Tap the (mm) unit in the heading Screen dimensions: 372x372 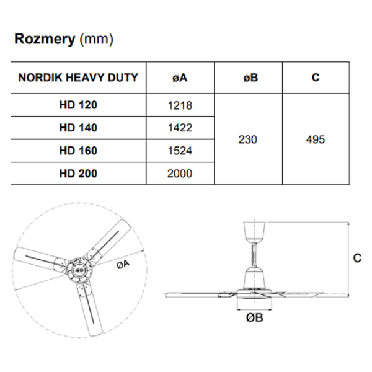[x=96, y=40]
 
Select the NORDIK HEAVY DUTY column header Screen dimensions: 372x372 [x=79, y=78]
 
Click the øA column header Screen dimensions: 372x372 [x=180, y=78]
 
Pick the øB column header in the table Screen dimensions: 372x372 [x=248, y=78]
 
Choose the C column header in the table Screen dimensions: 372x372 [x=316, y=78]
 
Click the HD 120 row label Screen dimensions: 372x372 [x=79, y=105]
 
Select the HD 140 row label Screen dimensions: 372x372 [x=79, y=128]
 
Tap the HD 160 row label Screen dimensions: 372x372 [x=79, y=151]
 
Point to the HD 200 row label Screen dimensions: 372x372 [x=79, y=174]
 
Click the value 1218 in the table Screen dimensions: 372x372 [x=180, y=105]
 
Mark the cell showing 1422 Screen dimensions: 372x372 [x=180, y=128]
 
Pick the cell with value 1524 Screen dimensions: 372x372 [x=180, y=151]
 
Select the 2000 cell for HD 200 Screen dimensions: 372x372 [x=180, y=174]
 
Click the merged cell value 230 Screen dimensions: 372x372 [x=248, y=139]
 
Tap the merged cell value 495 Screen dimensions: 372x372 [x=316, y=139]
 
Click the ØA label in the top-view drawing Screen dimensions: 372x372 [x=123, y=264]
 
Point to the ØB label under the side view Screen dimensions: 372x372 [x=255, y=319]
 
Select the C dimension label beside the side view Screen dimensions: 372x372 [x=357, y=259]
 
